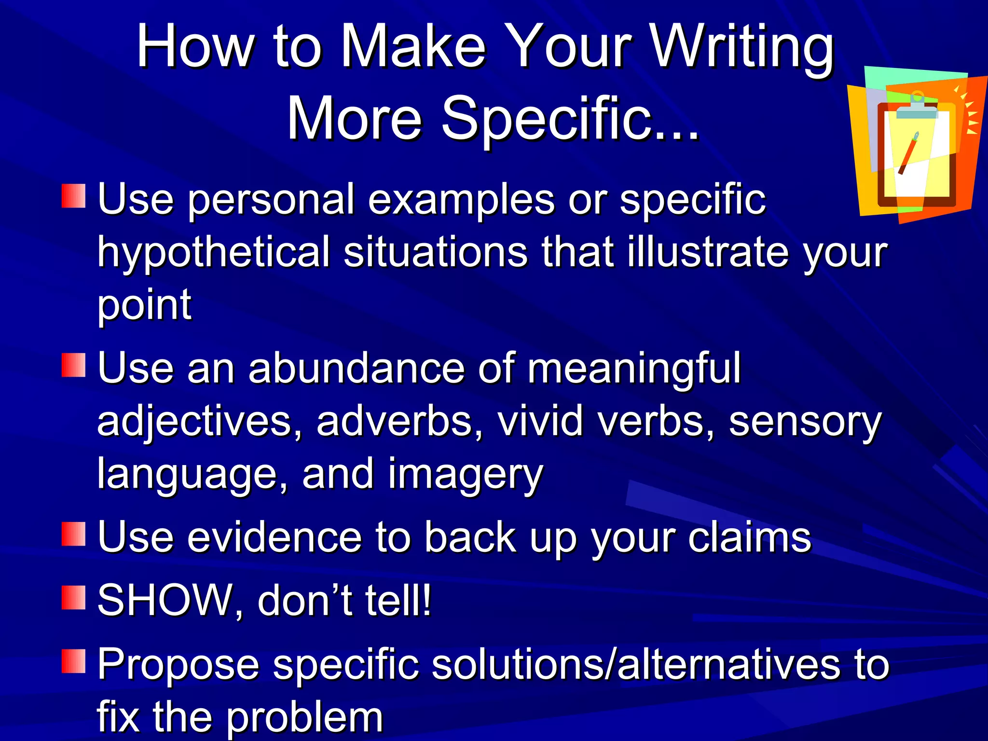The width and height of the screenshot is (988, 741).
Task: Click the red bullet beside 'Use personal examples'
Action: (x=74, y=195)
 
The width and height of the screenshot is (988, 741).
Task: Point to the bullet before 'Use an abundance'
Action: (x=74, y=365)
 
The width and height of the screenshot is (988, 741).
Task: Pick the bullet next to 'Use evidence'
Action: (x=74, y=534)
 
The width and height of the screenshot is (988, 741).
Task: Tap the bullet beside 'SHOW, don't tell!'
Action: (x=74, y=598)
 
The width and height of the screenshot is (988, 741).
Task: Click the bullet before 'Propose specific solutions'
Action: (x=74, y=661)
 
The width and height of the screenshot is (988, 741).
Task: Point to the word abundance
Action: (x=357, y=369)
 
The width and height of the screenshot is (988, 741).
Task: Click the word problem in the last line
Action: (x=304, y=717)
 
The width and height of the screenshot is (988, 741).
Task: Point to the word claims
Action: (x=750, y=537)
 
